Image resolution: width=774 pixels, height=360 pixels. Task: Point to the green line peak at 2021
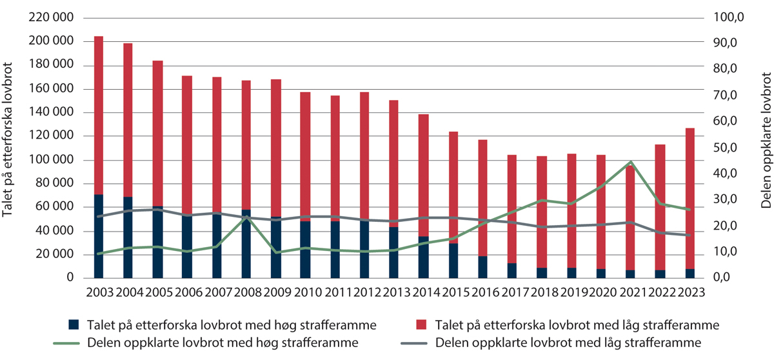[x=631, y=162]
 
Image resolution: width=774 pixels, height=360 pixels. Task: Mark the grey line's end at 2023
[x=689, y=235]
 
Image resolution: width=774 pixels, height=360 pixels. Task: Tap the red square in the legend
[x=423, y=324]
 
